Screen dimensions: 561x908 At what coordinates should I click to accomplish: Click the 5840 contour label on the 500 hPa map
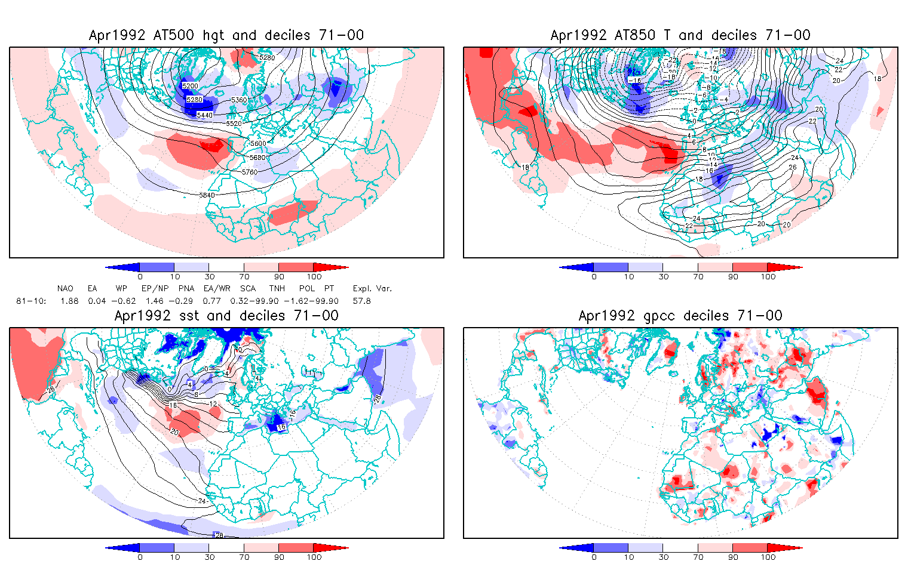tap(207, 195)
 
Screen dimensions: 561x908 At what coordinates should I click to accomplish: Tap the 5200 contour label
tap(191, 87)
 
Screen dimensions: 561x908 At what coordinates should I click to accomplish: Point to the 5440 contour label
tap(204, 115)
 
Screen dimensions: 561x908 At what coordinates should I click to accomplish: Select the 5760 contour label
tap(250, 172)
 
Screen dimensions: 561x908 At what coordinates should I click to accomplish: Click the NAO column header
tap(65, 288)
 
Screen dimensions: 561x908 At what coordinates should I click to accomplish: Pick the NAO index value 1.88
tap(69, 301)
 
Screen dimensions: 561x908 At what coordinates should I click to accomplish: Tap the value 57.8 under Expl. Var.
tap(361, 301)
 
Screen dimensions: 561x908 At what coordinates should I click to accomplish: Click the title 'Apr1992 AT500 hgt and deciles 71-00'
tap(226, 35)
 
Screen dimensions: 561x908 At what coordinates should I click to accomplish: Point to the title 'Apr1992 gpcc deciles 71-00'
tap(680, 316)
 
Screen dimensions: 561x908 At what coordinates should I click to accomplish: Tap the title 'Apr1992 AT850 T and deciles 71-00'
tap(680, 35)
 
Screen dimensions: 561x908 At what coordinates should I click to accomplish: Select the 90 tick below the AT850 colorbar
tap(733, 276)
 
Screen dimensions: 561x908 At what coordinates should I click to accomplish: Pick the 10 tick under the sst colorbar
tap(174, 557)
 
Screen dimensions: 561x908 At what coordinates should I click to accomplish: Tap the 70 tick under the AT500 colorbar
tap(244, 276)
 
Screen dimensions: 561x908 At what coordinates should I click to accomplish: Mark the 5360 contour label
tap(239, 100)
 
